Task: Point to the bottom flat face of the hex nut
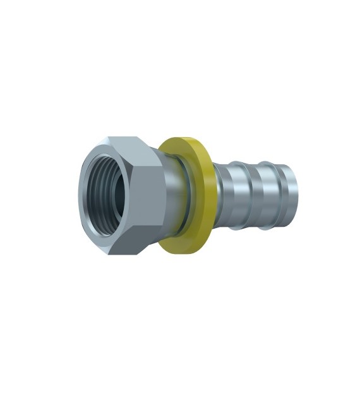click(x=136, y=247)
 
